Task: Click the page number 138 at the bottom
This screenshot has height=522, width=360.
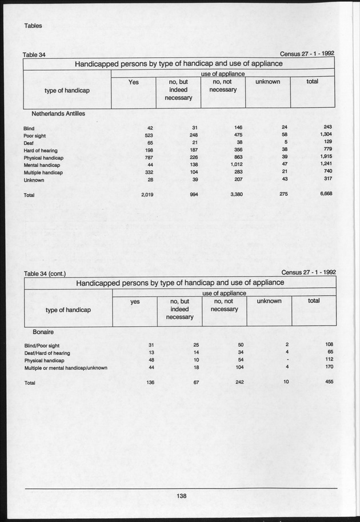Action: (182, 496)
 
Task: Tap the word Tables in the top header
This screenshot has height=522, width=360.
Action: (34, 25)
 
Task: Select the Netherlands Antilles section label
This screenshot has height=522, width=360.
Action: (58, 114)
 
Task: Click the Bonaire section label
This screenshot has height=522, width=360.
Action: (43, 331)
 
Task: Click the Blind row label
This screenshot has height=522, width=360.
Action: (29, 129)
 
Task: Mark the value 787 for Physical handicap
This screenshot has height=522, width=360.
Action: (148, 157)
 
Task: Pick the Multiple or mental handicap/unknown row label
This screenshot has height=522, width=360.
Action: (66, 368)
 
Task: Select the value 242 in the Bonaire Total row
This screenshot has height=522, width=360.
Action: (239, 382)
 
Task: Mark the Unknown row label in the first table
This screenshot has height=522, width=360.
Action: (34, 180)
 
